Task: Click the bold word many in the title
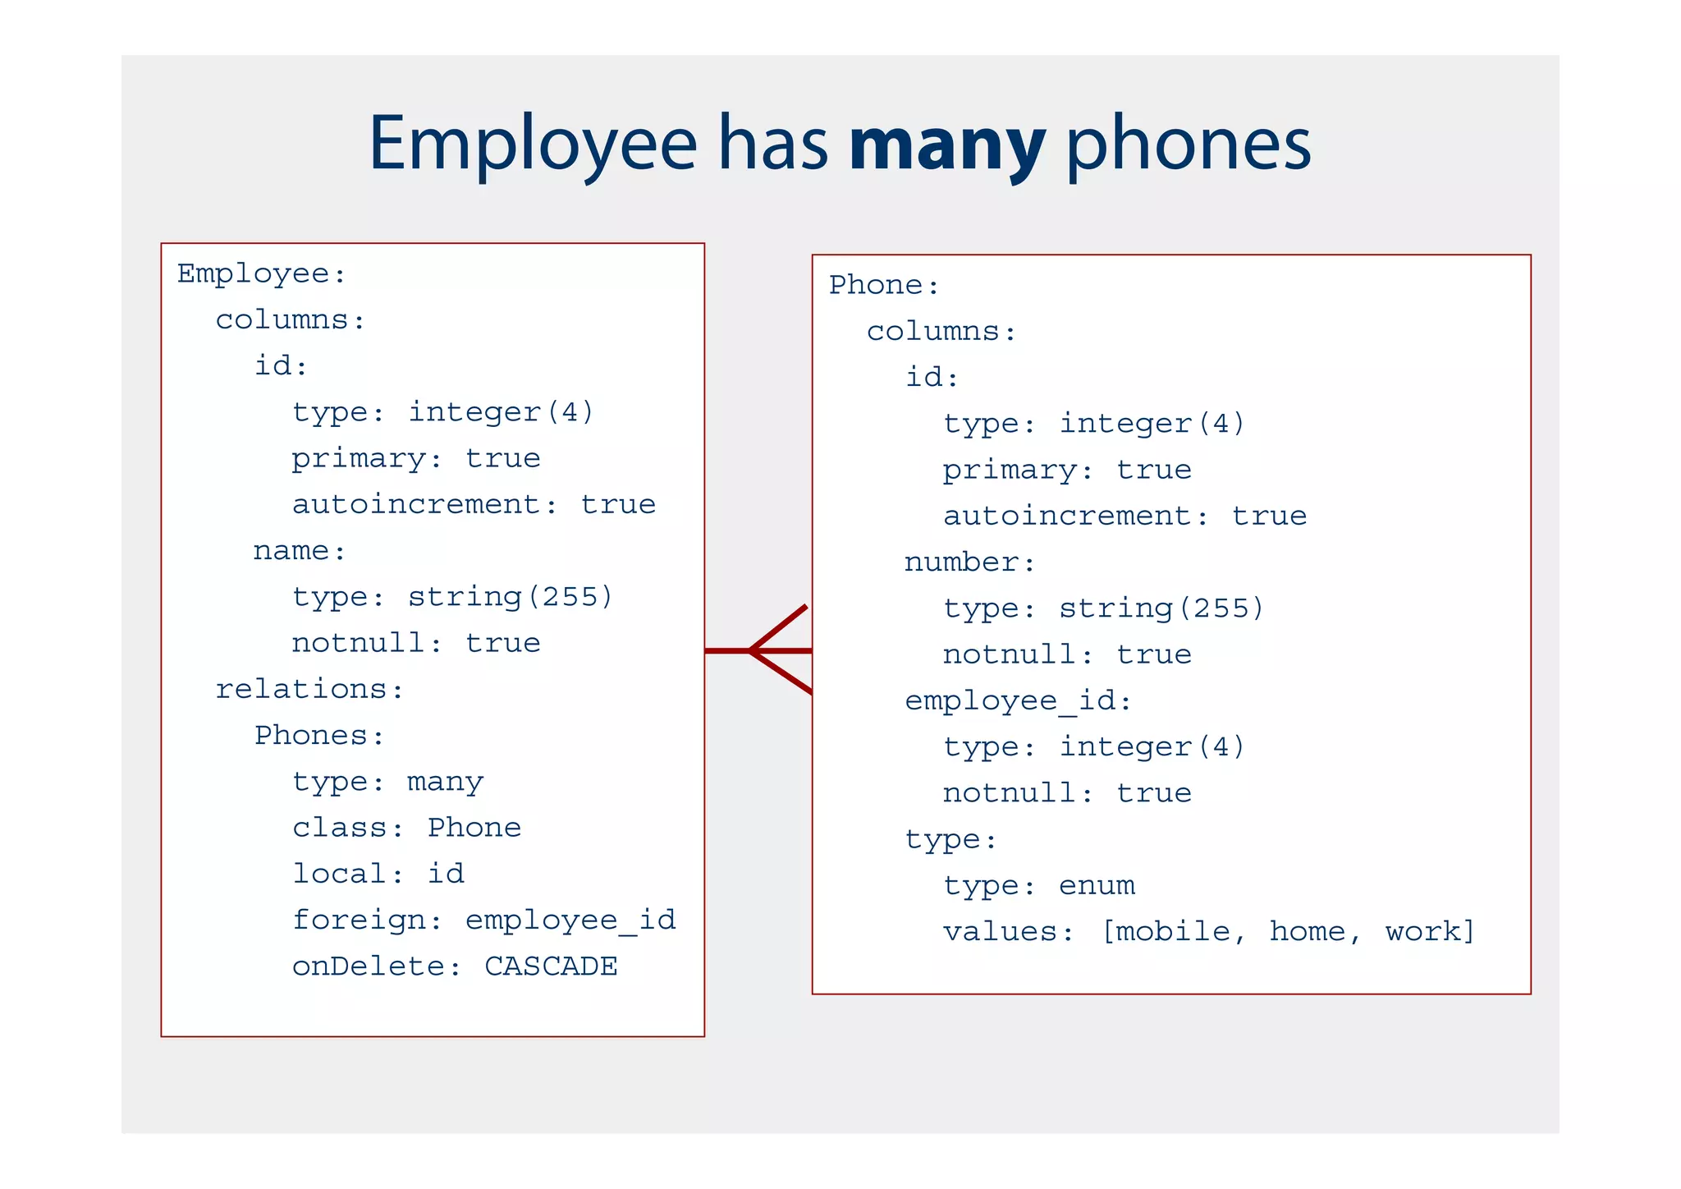click(947, 145)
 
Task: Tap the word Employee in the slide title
click(532, 145)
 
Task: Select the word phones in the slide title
click(1188, 145)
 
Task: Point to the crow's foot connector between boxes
click(767, 651)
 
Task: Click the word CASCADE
click(551, 966)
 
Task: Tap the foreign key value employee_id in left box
click(570, 920)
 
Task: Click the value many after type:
click(446, 782)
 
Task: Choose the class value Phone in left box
click(474, 828)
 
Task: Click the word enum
click(1097, 886)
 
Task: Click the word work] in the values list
click(1430, 932)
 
